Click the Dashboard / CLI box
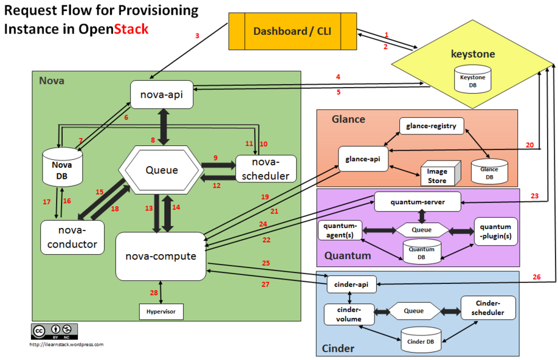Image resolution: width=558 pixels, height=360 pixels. pyautogui.click(x=292, y=32)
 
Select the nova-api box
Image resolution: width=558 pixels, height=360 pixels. pyautogui.click(x=162, y=95)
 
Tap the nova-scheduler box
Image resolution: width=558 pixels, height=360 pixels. pyautogui.click(x=266, y=169)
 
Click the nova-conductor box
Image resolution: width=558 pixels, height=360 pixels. pyautogui.click(x=72, y=238)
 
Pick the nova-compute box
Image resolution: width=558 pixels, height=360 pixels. pyautogui.click(x=161, y=257)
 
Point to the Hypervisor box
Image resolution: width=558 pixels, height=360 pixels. pyautogui.click(x=161, y=311)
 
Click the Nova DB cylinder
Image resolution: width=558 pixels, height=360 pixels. pyautogui.click(x=62, y=167)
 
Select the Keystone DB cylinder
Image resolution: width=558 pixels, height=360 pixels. pyautogui.click(x=472, y=79)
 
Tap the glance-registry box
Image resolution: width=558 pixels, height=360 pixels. pyautogui.click(x=432, y=126)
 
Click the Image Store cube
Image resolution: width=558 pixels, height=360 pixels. pyautogui.click(x=441, y=173)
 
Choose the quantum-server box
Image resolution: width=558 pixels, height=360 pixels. pyautogui.click(x=418, y=202)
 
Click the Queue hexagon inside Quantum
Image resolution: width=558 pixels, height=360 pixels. pyautogui.click(x=422, y=230)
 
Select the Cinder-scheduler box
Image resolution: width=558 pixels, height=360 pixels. pyautogui.click(x=488, y=308)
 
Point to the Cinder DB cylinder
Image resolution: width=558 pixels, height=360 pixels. pyautogui.click(x=421, y=340)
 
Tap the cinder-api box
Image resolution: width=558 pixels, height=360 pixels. pyautogui.click(x=351, y=285)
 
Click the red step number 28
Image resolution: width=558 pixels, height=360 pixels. pyautogui.click(x=154, y=292)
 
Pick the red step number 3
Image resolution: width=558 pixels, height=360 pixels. pyautogui.click(x=197, y=36)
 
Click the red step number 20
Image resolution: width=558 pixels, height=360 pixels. pyautogui.click(x=530, y=145)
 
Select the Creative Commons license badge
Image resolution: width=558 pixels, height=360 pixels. pyautogui.click(x=55, y=331)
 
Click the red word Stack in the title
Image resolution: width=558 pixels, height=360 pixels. pyautogui.click(x=131, y=29)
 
